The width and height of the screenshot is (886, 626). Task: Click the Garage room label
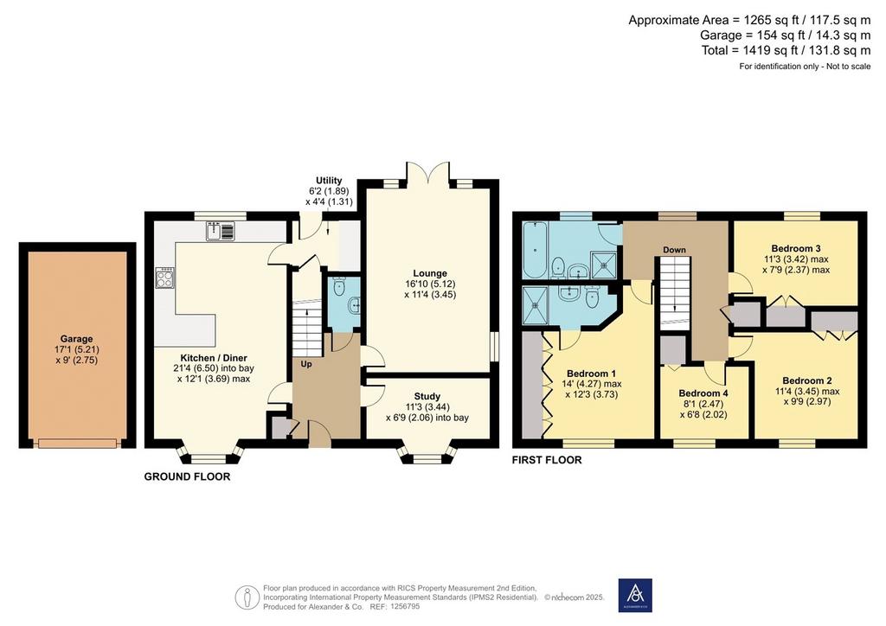tap(76, 339)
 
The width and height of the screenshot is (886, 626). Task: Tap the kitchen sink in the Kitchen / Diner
tap(221, 232)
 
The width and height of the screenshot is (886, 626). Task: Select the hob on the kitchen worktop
tap(165, 278)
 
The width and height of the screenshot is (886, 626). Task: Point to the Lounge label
tap(430, 273)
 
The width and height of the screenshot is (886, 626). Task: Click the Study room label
tap(427, 396)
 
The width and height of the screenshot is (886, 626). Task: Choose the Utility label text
tap(329, 181)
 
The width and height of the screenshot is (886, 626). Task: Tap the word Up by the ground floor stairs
tap(306, 364)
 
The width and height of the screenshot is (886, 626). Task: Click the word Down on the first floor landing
tap(675, 250)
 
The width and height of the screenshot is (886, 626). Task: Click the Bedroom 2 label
tap(807, 380)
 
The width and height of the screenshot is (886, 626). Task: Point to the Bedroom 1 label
tap(592, 374)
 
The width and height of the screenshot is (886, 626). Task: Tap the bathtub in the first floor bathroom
tap(535, 250)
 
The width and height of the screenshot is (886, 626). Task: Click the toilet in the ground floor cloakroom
tap(339, 287)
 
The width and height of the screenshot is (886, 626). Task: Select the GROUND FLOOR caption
tap(187, 476)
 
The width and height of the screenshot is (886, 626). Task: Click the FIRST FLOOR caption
tap(547, 460)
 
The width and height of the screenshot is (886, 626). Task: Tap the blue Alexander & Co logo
tap(635, 595)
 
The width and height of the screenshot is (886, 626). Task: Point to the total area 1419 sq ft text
tap(786, 50)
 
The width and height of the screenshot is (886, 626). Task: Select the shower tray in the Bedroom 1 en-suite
tap(535, 305)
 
